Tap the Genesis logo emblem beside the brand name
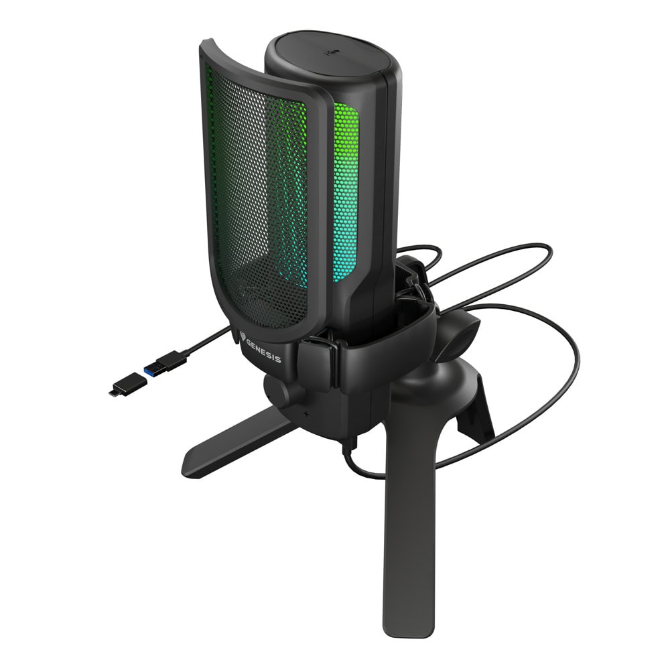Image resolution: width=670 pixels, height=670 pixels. [243, 336]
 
